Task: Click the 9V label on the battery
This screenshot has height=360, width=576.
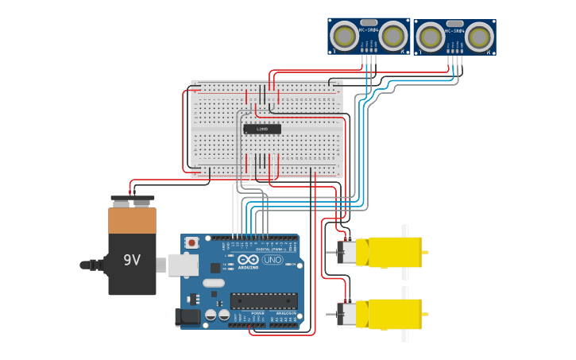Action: [x=132, y=260]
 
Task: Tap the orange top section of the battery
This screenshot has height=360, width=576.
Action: [x=132, y=220]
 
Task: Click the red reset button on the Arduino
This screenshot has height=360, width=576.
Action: [x=191, y=242]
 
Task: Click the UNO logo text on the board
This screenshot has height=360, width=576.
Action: [x=273, y=260]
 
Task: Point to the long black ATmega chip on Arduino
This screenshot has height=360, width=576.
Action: [x=264, y=301]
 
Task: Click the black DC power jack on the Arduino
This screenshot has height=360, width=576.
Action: [x=187, y=317]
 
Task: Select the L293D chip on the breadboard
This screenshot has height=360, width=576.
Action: [x=261, y=129]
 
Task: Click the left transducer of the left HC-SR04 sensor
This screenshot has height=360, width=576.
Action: [x=345, y=36]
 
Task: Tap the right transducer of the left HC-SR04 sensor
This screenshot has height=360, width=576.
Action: [x=393, y=36]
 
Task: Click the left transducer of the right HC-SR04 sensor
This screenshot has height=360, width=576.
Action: [x=430, y=37]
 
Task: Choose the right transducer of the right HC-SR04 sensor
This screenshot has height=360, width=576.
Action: [x=479, y=37]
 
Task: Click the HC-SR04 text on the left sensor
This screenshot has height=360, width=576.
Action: [x=369, y=29]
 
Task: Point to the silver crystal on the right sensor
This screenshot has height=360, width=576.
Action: [x=454, y=24]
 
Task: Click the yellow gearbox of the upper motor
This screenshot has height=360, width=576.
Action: [x=394, y=252]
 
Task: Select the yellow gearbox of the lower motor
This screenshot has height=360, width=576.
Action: [x=394, y=314]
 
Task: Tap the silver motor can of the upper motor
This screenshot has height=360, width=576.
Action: [x=346, y=253]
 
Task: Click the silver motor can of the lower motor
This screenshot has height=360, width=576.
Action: [x=346, y=315]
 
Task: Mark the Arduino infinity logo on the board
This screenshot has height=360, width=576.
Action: [x=248, y=260]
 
